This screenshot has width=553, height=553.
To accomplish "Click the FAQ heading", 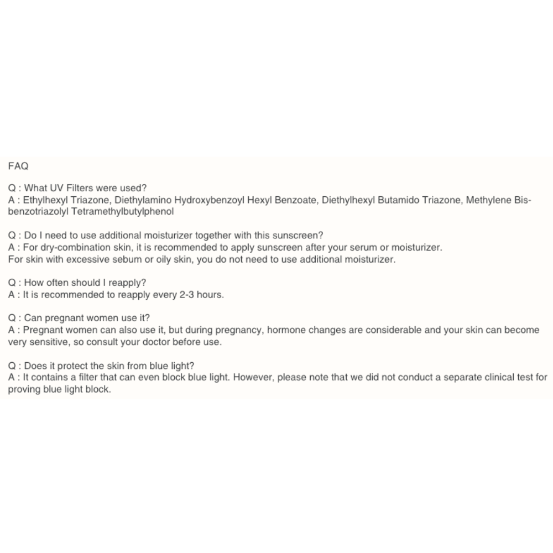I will (x=18, y=165).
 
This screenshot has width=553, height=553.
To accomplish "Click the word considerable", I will (x=397, y=330).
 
